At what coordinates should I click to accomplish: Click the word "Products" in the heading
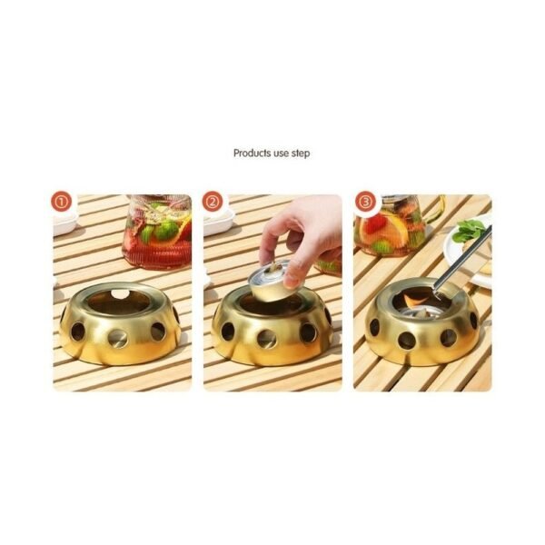(x=250, y=154)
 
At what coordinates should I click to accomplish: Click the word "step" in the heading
(x=300, y=154)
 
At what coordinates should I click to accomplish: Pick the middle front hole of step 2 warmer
(x=267, y=340)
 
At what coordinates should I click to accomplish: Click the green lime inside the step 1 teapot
(x=165, y=231)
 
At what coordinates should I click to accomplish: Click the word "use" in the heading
(x=277, y=154)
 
